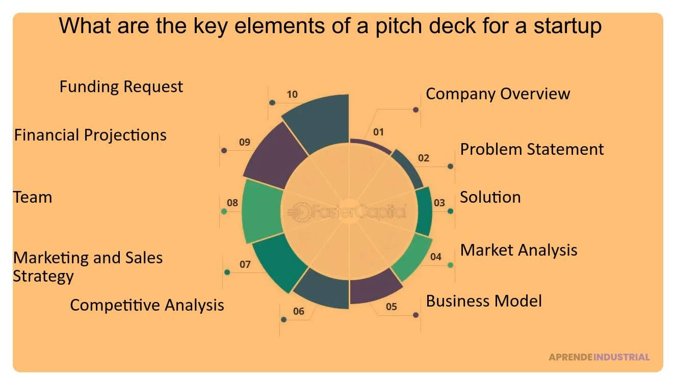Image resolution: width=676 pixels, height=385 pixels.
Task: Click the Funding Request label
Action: pyautogui.click(x=121, y=87)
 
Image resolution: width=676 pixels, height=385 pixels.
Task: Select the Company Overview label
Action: pyautogui.click(x=498, y=94)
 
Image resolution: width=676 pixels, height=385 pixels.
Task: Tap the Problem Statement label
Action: pyautogui.click(x=532, y=149)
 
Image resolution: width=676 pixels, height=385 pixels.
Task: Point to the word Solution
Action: pyautogui.click(x=490, y=197)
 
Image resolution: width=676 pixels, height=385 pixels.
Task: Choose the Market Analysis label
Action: pyautogui.click(x=518, y=250)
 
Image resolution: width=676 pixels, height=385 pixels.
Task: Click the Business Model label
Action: pyautogui.click(x=484, y=301)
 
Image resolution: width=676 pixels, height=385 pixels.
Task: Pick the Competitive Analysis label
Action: pyautogui.click(x=147, y=305)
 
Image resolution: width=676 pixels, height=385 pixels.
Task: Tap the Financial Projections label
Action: pyautogui.click(x=90, y=135)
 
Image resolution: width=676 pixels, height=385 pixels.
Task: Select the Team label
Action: pyautogui.click(x=33, y=197)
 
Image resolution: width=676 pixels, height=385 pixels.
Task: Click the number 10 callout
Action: pyautogui.click(x=292, y=94)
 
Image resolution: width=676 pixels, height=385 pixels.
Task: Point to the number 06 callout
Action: pyautogui.click(x=299, y=311)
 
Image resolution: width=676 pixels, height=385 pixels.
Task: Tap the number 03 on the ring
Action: pyautogui.click(x=439, y=203)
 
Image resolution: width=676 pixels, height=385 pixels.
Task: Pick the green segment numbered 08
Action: pyautogui.click(x=262, y=210)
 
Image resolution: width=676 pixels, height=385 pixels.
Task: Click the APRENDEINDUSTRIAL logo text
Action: pyautogui.click(x=599, y=357)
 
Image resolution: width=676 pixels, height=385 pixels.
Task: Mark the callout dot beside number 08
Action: pyautogui.click(x=224, y=211)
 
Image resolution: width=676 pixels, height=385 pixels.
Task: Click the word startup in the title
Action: pyautogui.click(x=567, y=25)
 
